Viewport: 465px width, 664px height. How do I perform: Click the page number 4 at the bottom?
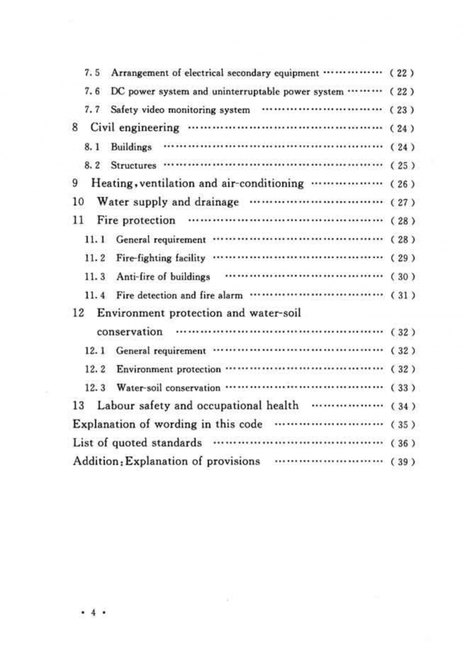93,613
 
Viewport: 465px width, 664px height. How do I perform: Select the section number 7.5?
92,73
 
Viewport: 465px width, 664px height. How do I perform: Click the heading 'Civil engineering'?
135,128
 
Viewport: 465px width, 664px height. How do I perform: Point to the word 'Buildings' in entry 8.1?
131,147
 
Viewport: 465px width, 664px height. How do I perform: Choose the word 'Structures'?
133,166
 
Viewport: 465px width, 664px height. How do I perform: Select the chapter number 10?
78,202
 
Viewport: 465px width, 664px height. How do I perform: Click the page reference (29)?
402,258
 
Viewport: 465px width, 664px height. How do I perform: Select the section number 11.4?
95,295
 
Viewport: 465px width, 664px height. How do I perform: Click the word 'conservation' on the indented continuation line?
130,332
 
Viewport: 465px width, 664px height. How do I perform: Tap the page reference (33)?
402,388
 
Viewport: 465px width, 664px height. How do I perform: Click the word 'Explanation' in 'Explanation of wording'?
102,425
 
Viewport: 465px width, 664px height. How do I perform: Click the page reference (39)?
402,462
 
